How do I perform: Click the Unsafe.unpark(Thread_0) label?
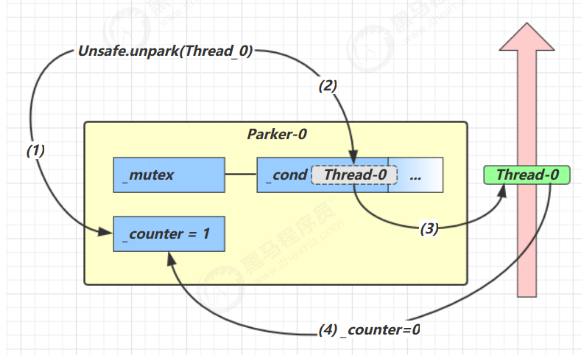tap(165, 51)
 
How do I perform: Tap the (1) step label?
tap(35, 151)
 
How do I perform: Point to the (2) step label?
tap(328, 86)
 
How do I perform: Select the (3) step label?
tap(429, 228)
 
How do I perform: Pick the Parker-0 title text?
tap(277, 134)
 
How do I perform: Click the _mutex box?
tap(169, 175)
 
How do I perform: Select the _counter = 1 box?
tap(169, 234)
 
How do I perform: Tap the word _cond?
tap(287, 175)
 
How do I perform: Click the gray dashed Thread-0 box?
tap(354, 175)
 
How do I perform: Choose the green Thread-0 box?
tap(527, 175)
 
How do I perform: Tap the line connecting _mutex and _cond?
tap(241, 174)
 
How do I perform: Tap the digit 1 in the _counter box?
tap(206, 234)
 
